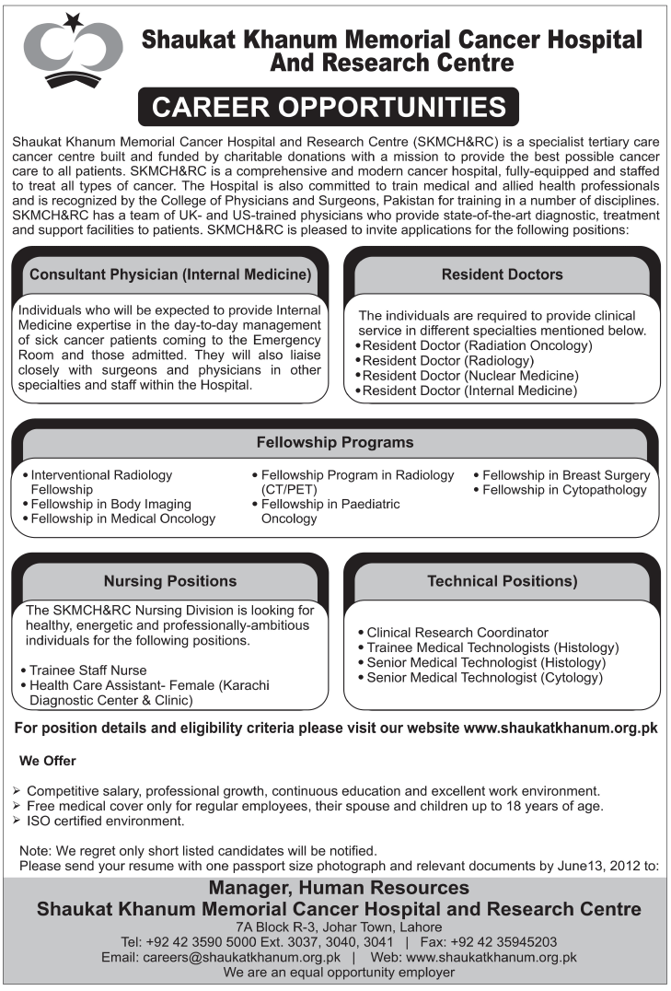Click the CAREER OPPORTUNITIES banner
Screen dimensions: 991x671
pos(329,107)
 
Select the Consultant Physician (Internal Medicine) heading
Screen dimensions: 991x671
pos(170,274)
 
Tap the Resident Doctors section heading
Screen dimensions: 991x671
pos(502,274)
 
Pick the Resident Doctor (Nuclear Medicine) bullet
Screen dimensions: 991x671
pos(469,376)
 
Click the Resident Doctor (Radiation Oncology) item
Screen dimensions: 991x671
pos(477,346)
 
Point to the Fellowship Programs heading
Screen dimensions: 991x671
pos(336,442)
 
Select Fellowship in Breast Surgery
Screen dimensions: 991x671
pos(565,475)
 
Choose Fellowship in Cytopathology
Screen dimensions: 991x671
pos(564,490)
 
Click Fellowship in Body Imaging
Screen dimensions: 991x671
pos(110,504)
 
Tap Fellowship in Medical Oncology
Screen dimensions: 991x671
pos(122,519)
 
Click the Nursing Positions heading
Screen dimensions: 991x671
pos(170,581)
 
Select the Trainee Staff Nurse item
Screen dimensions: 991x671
pos(88,670)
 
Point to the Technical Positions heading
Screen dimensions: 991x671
pos(502,581)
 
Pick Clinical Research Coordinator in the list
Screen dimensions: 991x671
pos(457,633)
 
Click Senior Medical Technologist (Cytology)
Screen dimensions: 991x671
pos(484,677)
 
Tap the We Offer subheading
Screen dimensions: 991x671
pos(48,761)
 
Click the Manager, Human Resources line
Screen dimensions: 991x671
pos(339,889)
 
